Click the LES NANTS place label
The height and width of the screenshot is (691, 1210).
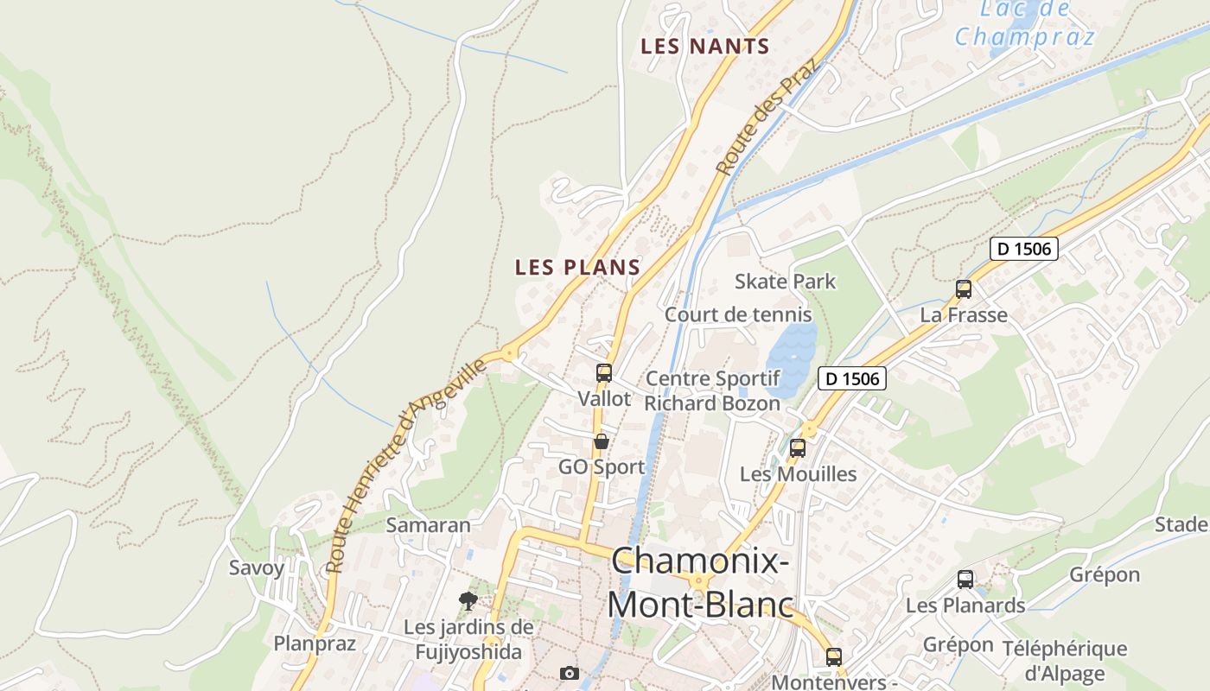coord(704,47)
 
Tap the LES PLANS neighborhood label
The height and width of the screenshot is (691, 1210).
coord(577,268)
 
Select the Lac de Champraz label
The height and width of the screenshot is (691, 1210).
coord(1024,24)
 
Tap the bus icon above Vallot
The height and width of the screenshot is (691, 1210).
coord(604,373)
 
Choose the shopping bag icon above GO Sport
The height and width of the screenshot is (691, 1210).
coord(602,441)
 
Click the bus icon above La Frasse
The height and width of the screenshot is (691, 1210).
coord(964,289)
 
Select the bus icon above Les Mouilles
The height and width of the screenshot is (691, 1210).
coord(798,448)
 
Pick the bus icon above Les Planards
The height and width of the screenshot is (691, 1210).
coord(965,580)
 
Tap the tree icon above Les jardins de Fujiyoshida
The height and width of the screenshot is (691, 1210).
coord(468,600)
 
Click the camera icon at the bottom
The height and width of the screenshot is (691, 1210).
coord(570,673)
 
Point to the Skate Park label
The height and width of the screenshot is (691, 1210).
coord(785,282)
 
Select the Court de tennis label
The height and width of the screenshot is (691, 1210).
coord(737,315)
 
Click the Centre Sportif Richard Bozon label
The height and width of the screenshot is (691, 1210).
coord(712,390)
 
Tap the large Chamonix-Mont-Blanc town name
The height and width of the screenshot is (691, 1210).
coord(699,583)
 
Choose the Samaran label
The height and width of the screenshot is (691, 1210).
coord(428,525)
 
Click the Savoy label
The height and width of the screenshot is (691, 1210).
coord(256,568)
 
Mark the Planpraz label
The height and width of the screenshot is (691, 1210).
coord(315,643)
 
